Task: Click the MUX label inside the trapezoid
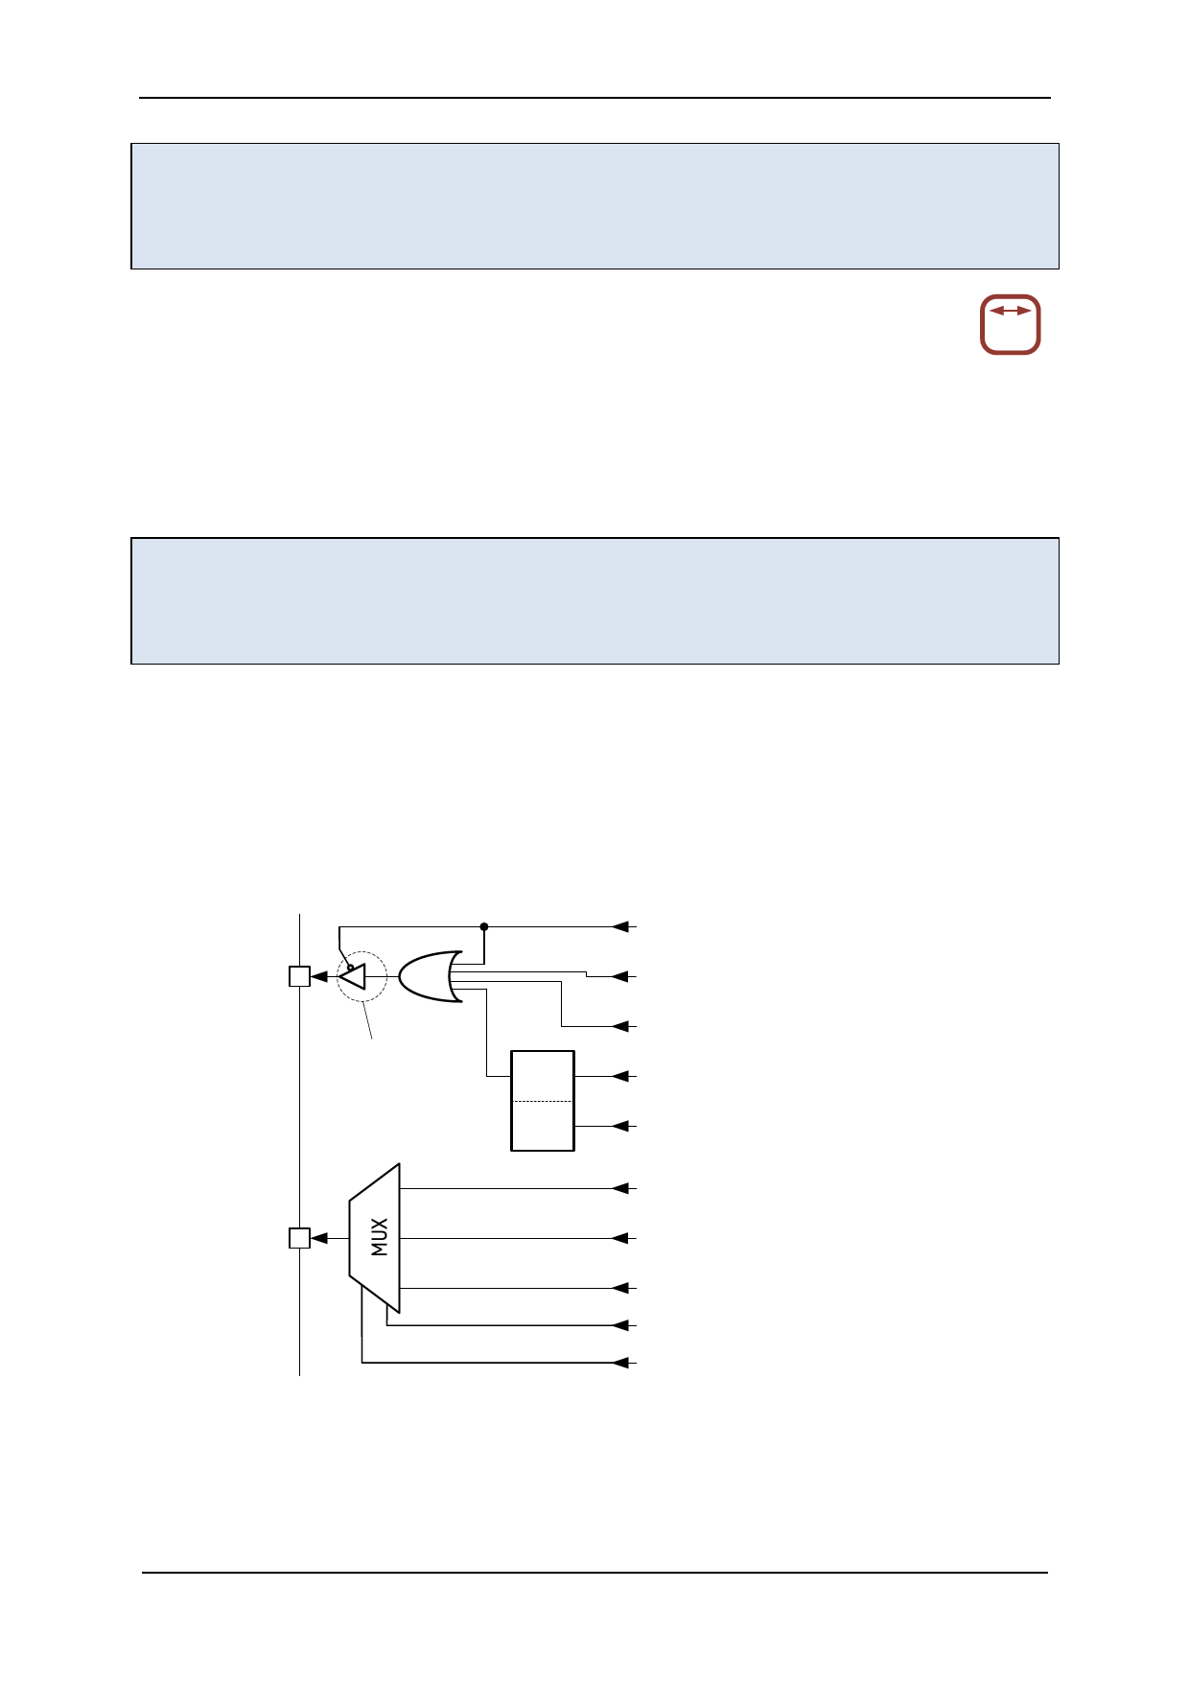[380, 1237]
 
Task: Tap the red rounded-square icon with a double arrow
[1010, 324]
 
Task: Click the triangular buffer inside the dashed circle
[354, 976]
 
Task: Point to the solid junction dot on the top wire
[484, 926]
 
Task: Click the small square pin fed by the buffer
[299, 976]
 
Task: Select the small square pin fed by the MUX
[299, 1238]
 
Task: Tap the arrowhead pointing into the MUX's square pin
[319, 1238]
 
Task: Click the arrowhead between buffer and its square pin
[319, 976]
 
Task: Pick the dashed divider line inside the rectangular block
[543, 1101]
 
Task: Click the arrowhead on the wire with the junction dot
[620, 926]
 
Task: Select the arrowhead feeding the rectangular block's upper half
[620, 1076]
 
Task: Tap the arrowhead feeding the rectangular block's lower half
[620, 1126]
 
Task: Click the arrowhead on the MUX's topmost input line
[620, 1188]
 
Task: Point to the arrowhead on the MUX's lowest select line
[620, 1363]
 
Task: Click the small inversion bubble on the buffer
[350, 967]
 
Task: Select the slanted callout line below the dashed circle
[367, 1020]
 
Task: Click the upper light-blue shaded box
[594, 206]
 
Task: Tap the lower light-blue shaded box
[594, 600]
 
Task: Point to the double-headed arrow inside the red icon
[1010, 311]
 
